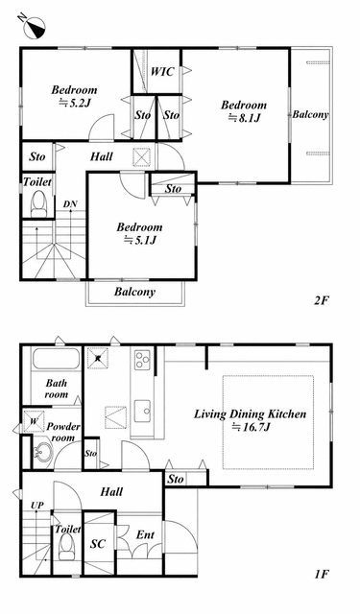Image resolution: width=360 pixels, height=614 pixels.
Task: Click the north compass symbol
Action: (x=34, y=26)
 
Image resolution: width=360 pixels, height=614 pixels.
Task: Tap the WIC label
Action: (x=162, y=72)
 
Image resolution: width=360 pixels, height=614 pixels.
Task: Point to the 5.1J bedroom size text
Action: (x=139, y=240)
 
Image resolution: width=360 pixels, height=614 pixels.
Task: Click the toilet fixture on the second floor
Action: (x=38, y=203)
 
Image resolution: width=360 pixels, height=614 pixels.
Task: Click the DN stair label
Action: (x=70, y=204)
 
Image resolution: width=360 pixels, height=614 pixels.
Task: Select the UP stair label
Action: (x=37, y=506)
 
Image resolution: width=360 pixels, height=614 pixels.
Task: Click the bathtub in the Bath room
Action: (x=56, y=359)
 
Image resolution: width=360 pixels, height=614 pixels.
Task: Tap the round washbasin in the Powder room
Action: (x=42, y=454)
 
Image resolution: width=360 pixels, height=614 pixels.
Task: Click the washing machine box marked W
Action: (x=34, y=421)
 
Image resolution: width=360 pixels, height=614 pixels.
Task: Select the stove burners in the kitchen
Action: (x=142, y=360)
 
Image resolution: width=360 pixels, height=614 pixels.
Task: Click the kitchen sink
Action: (x=142, y=411)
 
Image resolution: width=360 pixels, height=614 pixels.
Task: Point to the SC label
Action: (x=98, y=544)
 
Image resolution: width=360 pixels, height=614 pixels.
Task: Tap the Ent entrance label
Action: (x=145, y=534)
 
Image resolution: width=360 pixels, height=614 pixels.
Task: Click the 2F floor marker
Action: (x=322, y=300)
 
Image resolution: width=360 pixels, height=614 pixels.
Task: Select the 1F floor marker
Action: (x=322, y=574)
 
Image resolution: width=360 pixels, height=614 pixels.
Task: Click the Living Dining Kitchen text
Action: (x=250, y=414)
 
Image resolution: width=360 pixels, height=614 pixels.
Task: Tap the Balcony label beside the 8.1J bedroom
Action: (x=310, y=115)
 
